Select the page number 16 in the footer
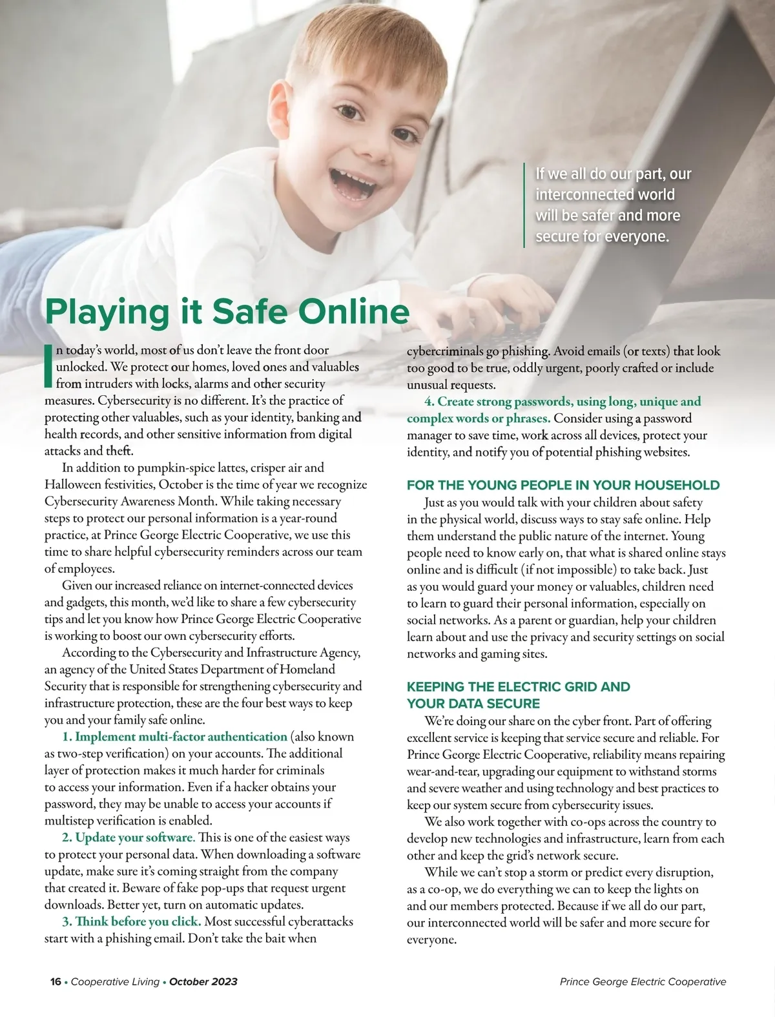[x=56, y=981]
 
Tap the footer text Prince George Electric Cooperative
[x=643, y=981]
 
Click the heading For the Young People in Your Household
[x=563, y=485]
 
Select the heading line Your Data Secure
[x=473, y=703]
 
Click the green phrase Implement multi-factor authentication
[x=175, y=736]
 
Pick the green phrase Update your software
[x=129, y=837]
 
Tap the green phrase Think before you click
[x=132, y=921]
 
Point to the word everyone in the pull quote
[x=635, y=236]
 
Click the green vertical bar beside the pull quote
[x=524, y=205]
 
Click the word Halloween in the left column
[x=72, y=484]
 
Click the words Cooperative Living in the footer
[x=115, y=981]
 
